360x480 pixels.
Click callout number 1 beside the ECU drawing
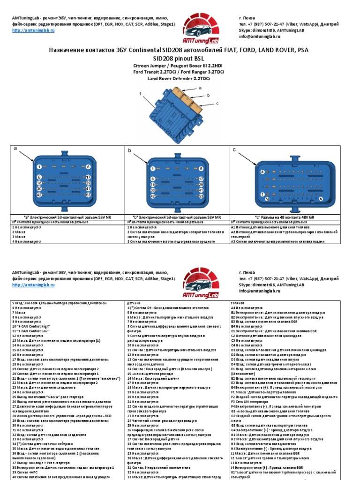tap(140, 94)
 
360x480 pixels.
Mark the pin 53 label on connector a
tap(88, 195)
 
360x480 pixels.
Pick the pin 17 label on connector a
tap(88, 177)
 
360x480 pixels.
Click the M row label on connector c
tap(267, 200)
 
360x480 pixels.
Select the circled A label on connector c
tap(321, 200)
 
